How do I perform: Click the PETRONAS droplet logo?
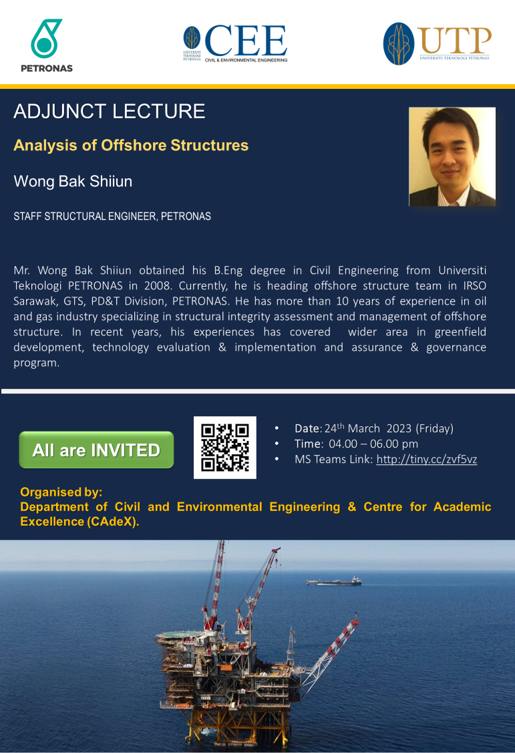[x=46, y=39]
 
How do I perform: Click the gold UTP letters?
[x=456, y=40]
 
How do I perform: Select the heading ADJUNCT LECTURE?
[x=110, y=112]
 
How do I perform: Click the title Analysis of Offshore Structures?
[x=131, y=145]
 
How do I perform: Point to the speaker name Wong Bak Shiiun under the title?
[x=73, y=181]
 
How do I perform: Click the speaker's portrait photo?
[x=452, y=156]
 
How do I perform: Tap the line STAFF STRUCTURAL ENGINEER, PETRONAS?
[x=112, y=216]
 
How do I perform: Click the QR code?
[x=225, y=448]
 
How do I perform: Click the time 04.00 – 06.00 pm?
[x=373, y=444]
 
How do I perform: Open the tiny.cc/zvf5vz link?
[x=427, y=460]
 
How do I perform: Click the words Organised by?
[x=61, y=492]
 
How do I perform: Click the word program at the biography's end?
[x=37, y=363]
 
